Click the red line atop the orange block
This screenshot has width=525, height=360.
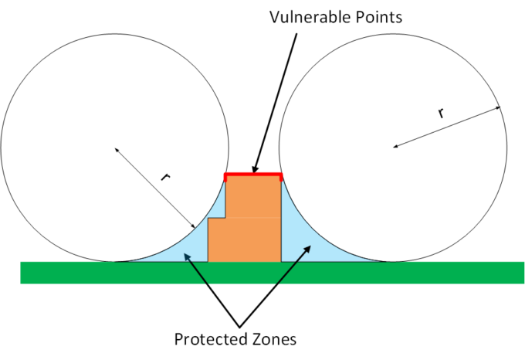[x=253, y=176]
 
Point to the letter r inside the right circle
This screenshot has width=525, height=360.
[x=441, y=113]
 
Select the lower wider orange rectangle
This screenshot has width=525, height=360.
[x=244, y=239]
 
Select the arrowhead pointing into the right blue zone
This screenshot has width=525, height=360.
[x=310, y=249]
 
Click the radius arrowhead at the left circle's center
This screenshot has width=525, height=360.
[x=117, y=149]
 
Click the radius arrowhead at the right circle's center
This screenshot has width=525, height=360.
[x=396, y=145]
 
